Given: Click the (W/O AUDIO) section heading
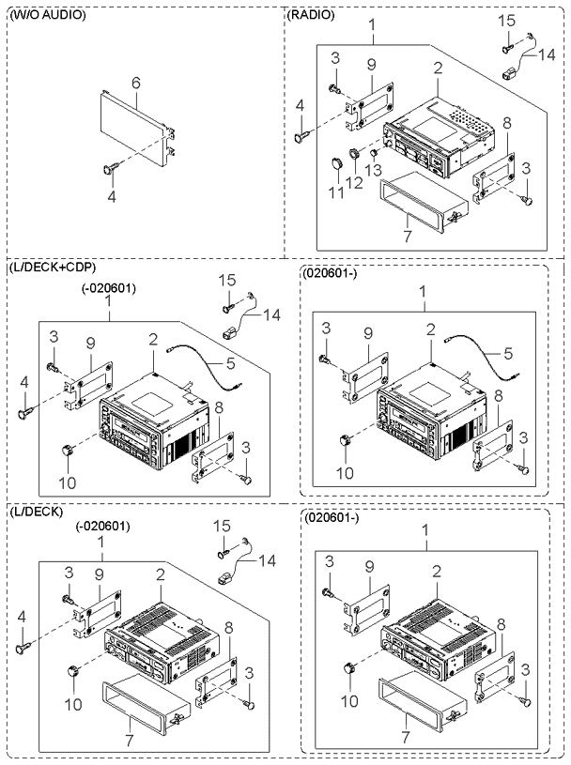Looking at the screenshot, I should tap(47, 16).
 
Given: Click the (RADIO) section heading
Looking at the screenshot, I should tap(312, 16).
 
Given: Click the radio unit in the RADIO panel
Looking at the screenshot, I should tap(441, 131).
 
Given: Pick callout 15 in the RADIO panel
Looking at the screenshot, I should tap(508, 21).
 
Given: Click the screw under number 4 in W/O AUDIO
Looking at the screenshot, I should tap(109, 170).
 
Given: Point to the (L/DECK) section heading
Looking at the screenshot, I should tap(36, 512).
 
